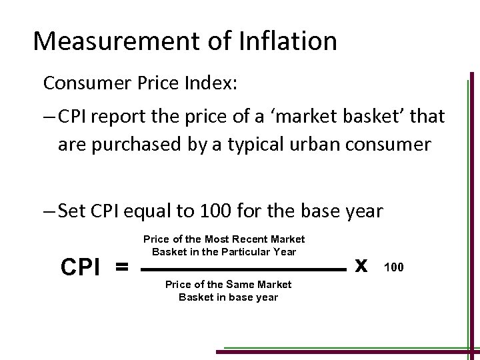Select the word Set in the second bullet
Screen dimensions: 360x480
coord(71,212)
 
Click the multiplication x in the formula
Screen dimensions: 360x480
coord(361,265)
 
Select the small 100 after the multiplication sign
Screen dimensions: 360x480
coord(393,267)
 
